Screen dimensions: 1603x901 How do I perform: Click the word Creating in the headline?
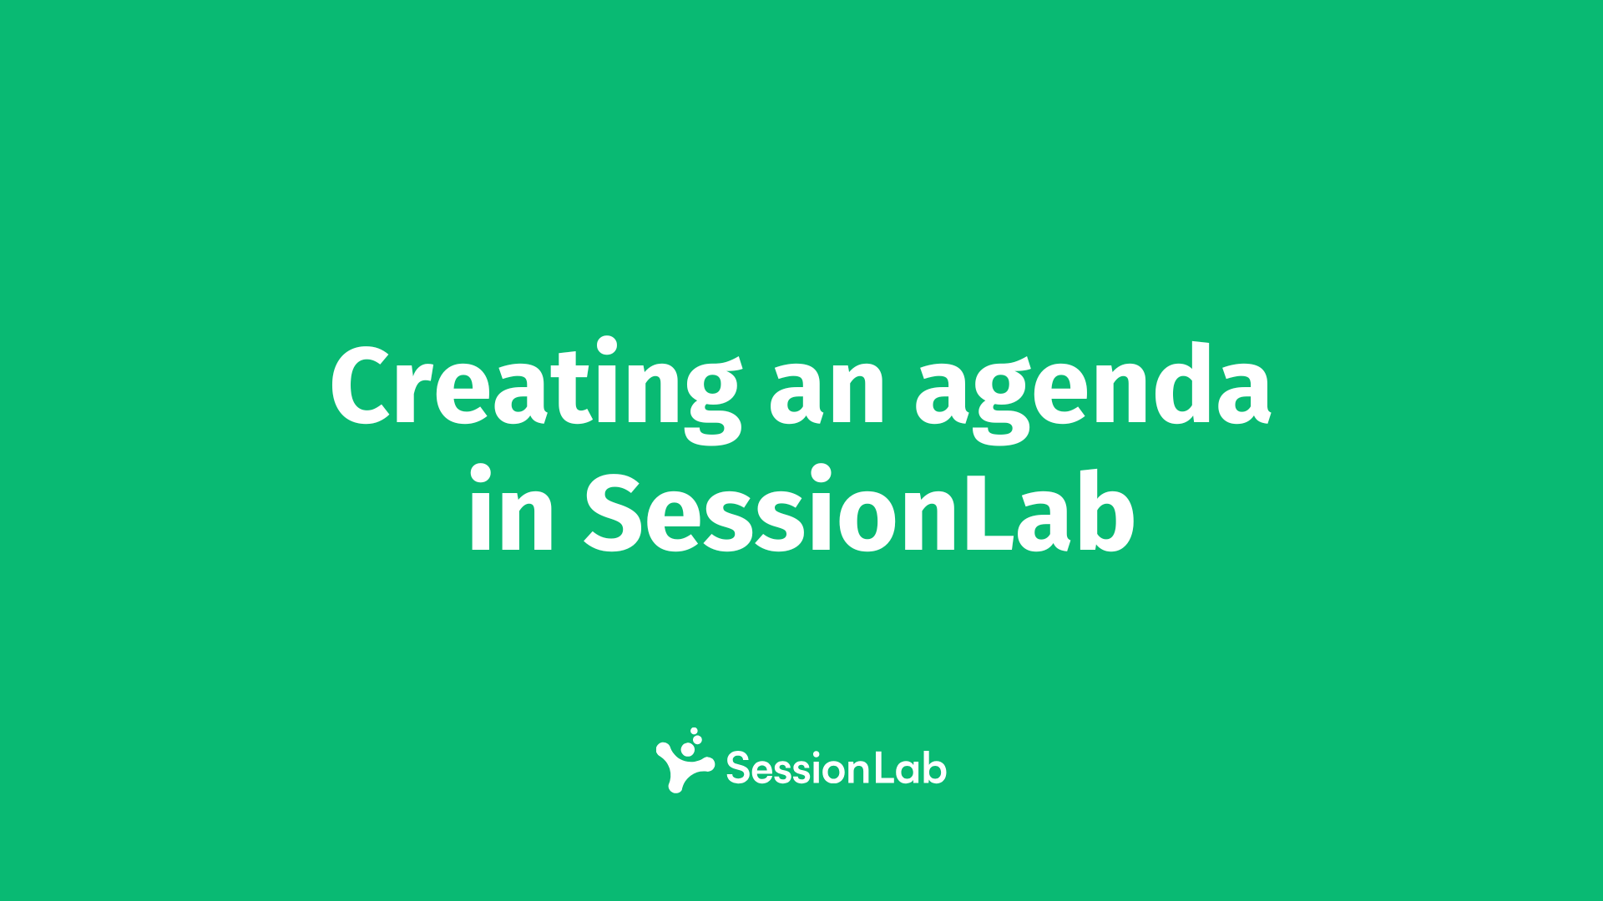(536, 388)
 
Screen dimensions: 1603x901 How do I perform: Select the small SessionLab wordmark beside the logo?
(836, 768)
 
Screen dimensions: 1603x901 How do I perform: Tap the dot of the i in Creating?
(607, 348)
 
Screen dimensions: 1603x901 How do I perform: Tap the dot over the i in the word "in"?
(480, 476)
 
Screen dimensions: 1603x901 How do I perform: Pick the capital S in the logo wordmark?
(738, 768)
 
